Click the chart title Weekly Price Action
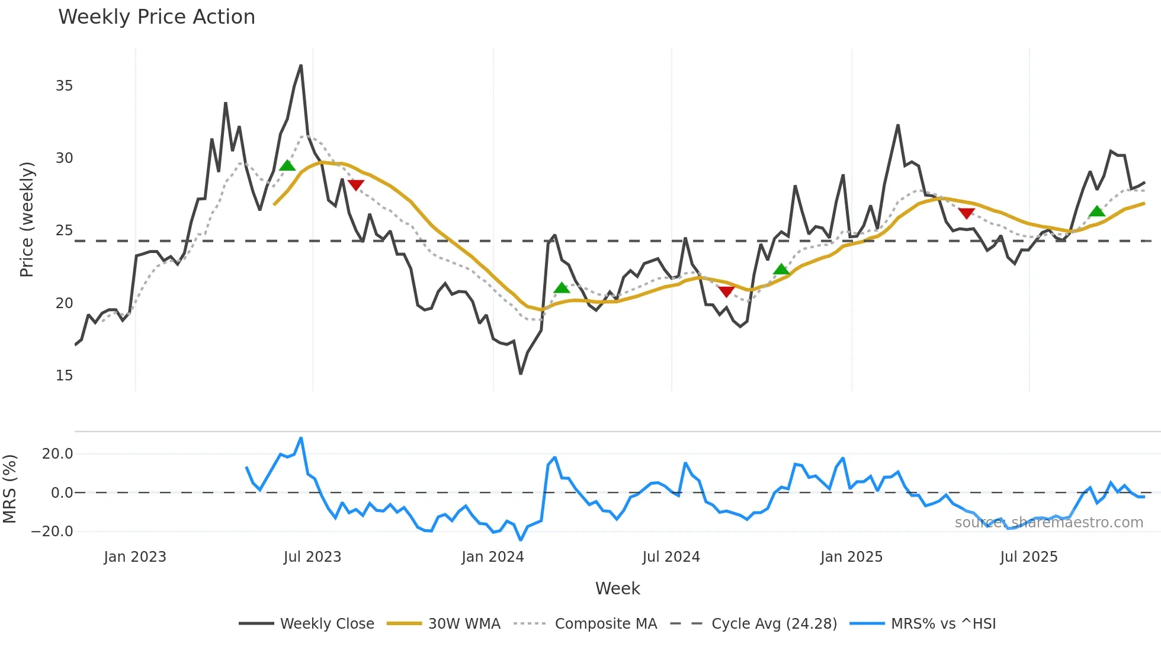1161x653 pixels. pyautogui.click(x=156, y=17)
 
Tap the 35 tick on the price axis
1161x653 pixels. pyautogui.click(x=64, y=86)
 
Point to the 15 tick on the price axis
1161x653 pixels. pyautogui.click(x=64, y=376)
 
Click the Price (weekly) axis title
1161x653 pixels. pyautogui.click(x=27, y=219)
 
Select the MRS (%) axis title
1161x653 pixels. pyautogui.click(x=10, y=489)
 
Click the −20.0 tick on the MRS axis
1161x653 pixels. pyautogui.click(x=52, y=532)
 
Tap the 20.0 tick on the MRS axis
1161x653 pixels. pyautogui.click(x=57, y=454)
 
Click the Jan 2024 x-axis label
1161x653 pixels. pyautogui.click(x=493, y=557)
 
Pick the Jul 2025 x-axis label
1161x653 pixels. pyautogui.click(x=1029, y=557)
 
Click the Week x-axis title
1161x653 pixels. pyautogui.click(x=617, y=588)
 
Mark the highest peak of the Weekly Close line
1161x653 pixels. pyautogui.click(x=301, y=66)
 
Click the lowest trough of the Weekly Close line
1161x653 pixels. pyautogui.click(x=521, y=373)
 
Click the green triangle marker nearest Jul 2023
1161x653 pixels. pyautogui.click(x=287, y=165)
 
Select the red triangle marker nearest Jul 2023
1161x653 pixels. pyautogui.click(x=355, y=185)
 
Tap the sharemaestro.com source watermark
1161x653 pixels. pyautogui.click(x=1048, y=523)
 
